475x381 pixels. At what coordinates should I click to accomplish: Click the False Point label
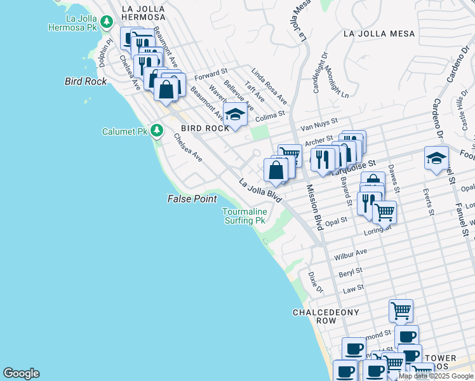click(192, 199)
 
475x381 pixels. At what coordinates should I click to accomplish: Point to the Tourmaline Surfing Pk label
click(243, 216)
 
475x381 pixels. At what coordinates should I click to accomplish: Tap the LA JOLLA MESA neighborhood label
click(378, 34)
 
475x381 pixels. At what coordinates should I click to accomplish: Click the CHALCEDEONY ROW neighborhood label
click(326, 316)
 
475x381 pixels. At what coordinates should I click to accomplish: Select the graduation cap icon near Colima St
click(235, 115)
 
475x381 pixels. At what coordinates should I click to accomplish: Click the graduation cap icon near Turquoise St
click(436, 158)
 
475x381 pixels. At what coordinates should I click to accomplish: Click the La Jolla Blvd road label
click(260, 190)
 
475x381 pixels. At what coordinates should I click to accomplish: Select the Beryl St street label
click(350, 271)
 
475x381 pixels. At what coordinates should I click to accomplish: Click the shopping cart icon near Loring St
click(384, 212)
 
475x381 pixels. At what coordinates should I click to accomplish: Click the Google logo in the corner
click(21, 373)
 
